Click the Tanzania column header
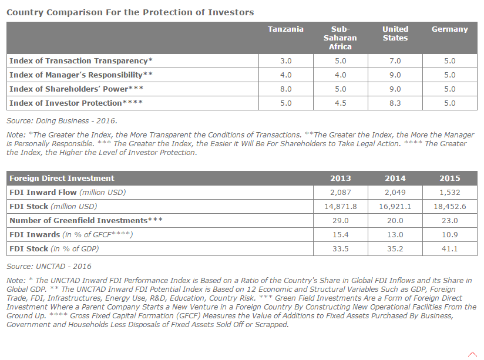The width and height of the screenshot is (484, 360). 285,29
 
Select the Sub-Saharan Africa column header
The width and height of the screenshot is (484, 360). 340,38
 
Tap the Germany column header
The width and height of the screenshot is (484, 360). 450,29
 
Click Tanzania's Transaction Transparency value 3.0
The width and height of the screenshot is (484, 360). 286,61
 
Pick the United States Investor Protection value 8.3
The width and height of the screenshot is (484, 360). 395,103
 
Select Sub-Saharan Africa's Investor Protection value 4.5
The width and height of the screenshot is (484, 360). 341,103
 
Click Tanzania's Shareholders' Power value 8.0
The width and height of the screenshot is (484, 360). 286,89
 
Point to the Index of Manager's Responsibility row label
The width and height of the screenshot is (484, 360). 81,75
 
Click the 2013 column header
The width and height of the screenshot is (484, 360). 341,178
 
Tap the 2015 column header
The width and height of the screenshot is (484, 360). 450,178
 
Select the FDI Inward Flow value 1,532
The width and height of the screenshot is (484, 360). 450,193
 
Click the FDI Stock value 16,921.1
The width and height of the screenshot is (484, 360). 395,207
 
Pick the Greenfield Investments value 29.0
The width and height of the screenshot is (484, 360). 341,220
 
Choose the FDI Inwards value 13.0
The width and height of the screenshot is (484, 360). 395,235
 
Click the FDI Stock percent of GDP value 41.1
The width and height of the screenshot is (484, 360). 450,249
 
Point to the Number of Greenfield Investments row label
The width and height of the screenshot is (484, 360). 86,220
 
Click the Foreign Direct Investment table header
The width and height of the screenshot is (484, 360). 62,178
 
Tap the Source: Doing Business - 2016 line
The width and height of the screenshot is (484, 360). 62,121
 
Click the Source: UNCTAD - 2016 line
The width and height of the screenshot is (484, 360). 49,267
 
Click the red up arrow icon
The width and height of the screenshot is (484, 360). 472,354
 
